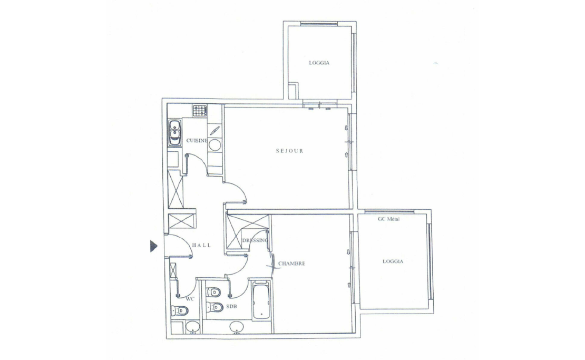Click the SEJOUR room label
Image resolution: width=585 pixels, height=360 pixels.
click(x=289, y=151)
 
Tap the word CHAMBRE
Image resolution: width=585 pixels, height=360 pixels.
click(x=292, y=264)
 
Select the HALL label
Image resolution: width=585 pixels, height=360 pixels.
click(x=201, y=245)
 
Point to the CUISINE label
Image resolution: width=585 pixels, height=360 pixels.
click(x=197, y=141)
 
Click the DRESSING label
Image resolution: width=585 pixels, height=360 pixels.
click(x=255, y=240)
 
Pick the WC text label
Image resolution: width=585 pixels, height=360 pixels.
click(x=190, y=299)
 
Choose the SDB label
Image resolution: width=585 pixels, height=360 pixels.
click(x=232, y=306)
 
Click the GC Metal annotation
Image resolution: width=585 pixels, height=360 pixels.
click(x=389, y=219)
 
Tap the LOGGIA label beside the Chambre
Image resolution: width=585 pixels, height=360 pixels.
click(x=393, y=261)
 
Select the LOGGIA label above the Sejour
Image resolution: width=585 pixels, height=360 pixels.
click(x=319, y=63)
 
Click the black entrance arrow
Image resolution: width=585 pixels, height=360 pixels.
click(x=154, y=246)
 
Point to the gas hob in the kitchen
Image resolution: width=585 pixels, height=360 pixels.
click(x=200, y=111)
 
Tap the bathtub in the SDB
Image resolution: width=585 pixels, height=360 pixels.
click(x=261, y=300)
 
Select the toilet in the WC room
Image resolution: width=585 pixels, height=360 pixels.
click(x=179, y=310)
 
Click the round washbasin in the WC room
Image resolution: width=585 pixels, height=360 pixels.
click(x=192, y=327)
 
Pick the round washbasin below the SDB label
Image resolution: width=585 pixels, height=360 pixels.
click(x=236, y=327)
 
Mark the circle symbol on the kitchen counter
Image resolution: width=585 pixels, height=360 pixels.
click(x=214, y=145)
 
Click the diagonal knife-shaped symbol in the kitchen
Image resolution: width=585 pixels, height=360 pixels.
click(x=214, y=131)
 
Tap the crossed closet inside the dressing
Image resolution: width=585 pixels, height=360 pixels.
click(x=248, y=231)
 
